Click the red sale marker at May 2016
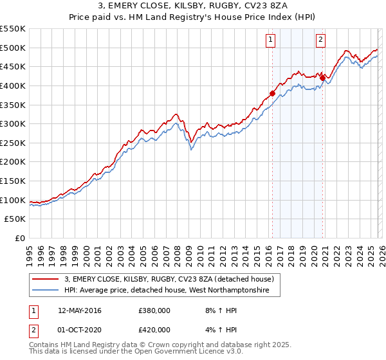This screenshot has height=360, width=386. (272, 93)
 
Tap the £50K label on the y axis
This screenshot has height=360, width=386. (15, 219)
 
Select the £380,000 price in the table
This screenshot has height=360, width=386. (154, 310)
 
